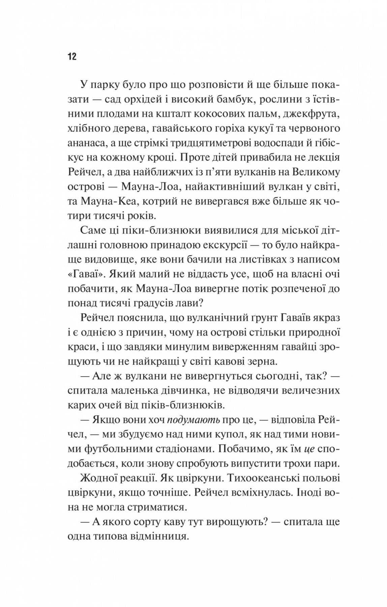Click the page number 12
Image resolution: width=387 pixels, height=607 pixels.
pyautogui.click(x=72, y=56)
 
